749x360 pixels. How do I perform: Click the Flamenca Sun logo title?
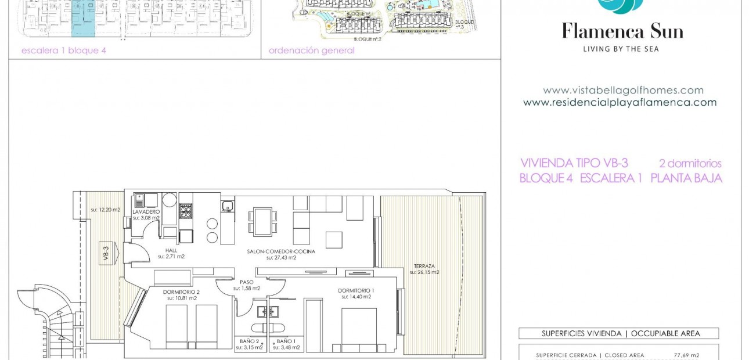click(x=622, y=30)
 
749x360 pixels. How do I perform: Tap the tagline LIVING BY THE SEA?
click(x=621, y=49)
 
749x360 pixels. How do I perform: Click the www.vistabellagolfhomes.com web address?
click(x=623, y=91)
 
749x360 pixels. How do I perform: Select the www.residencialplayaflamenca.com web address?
click(x=620, y=103)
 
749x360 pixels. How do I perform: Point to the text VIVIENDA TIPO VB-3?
click(x=574, y=163)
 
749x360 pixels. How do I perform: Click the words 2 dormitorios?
click(x=690, y=164)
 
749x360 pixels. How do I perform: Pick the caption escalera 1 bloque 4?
click(x=64, y=51)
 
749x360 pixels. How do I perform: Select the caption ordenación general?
click(x=311, y=51)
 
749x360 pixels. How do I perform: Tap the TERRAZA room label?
click(x=424, y=266)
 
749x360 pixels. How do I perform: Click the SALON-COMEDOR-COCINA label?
click(x=281, y=251)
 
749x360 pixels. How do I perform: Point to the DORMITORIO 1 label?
click(x=356, y=290)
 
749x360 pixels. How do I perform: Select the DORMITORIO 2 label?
click(x=181, y=292)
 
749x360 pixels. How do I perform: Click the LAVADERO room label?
click(x=146, y=212)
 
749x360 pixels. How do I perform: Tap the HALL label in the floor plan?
click(x=171, y=250)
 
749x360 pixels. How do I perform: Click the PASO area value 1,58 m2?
click(x=247, y=288)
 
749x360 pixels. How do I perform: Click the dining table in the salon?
click(x=262, y=221)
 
